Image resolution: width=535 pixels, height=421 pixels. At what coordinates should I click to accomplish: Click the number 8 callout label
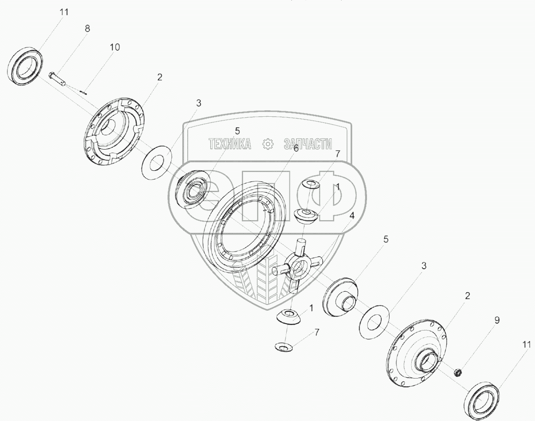tap(87, 28)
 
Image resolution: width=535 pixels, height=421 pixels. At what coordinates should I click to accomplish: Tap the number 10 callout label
tap(114, 47)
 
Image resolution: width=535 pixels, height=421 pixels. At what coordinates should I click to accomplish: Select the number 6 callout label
tap(296, 148)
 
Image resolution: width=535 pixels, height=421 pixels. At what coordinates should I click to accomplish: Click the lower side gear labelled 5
tap(342, 295)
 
